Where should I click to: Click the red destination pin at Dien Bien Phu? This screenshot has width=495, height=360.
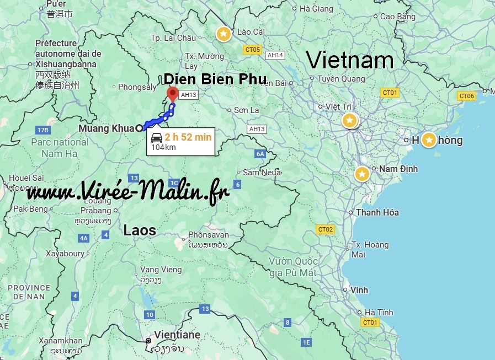click(x=172, y=93)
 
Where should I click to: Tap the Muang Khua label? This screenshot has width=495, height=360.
click(x=107, y=128)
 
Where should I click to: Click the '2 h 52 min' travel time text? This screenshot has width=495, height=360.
click(x=188, y=137)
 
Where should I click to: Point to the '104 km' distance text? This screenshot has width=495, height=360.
click(x=163, y=147)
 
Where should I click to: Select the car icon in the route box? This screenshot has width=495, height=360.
click(x=156, y=137)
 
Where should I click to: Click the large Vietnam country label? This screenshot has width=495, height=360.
click(x=349, y=60)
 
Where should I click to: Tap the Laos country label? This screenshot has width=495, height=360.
click(x=139, y=230)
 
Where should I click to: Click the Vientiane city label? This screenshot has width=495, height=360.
click(x=177, y=335)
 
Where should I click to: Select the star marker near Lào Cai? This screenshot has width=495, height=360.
click(x=223, y=34)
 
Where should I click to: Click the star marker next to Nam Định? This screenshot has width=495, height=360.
click(x=362, y=174)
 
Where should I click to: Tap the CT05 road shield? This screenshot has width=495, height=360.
click(x=252, y=50)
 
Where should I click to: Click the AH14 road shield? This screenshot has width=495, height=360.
click(x=275, y=55)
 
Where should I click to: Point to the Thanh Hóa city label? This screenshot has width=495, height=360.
click(x=377, y=212)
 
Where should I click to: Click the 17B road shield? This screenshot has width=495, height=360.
click(x=42, y=130)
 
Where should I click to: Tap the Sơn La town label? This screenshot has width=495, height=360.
click(x=246, y=110)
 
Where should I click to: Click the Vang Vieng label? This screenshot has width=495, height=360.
click(x=161, y=269)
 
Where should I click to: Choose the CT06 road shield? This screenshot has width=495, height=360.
click(x=467, y=96)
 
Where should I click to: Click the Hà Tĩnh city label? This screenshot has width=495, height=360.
click(x=379, y=312)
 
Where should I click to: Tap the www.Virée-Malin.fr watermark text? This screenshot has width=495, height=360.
click(x=128, y=192)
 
